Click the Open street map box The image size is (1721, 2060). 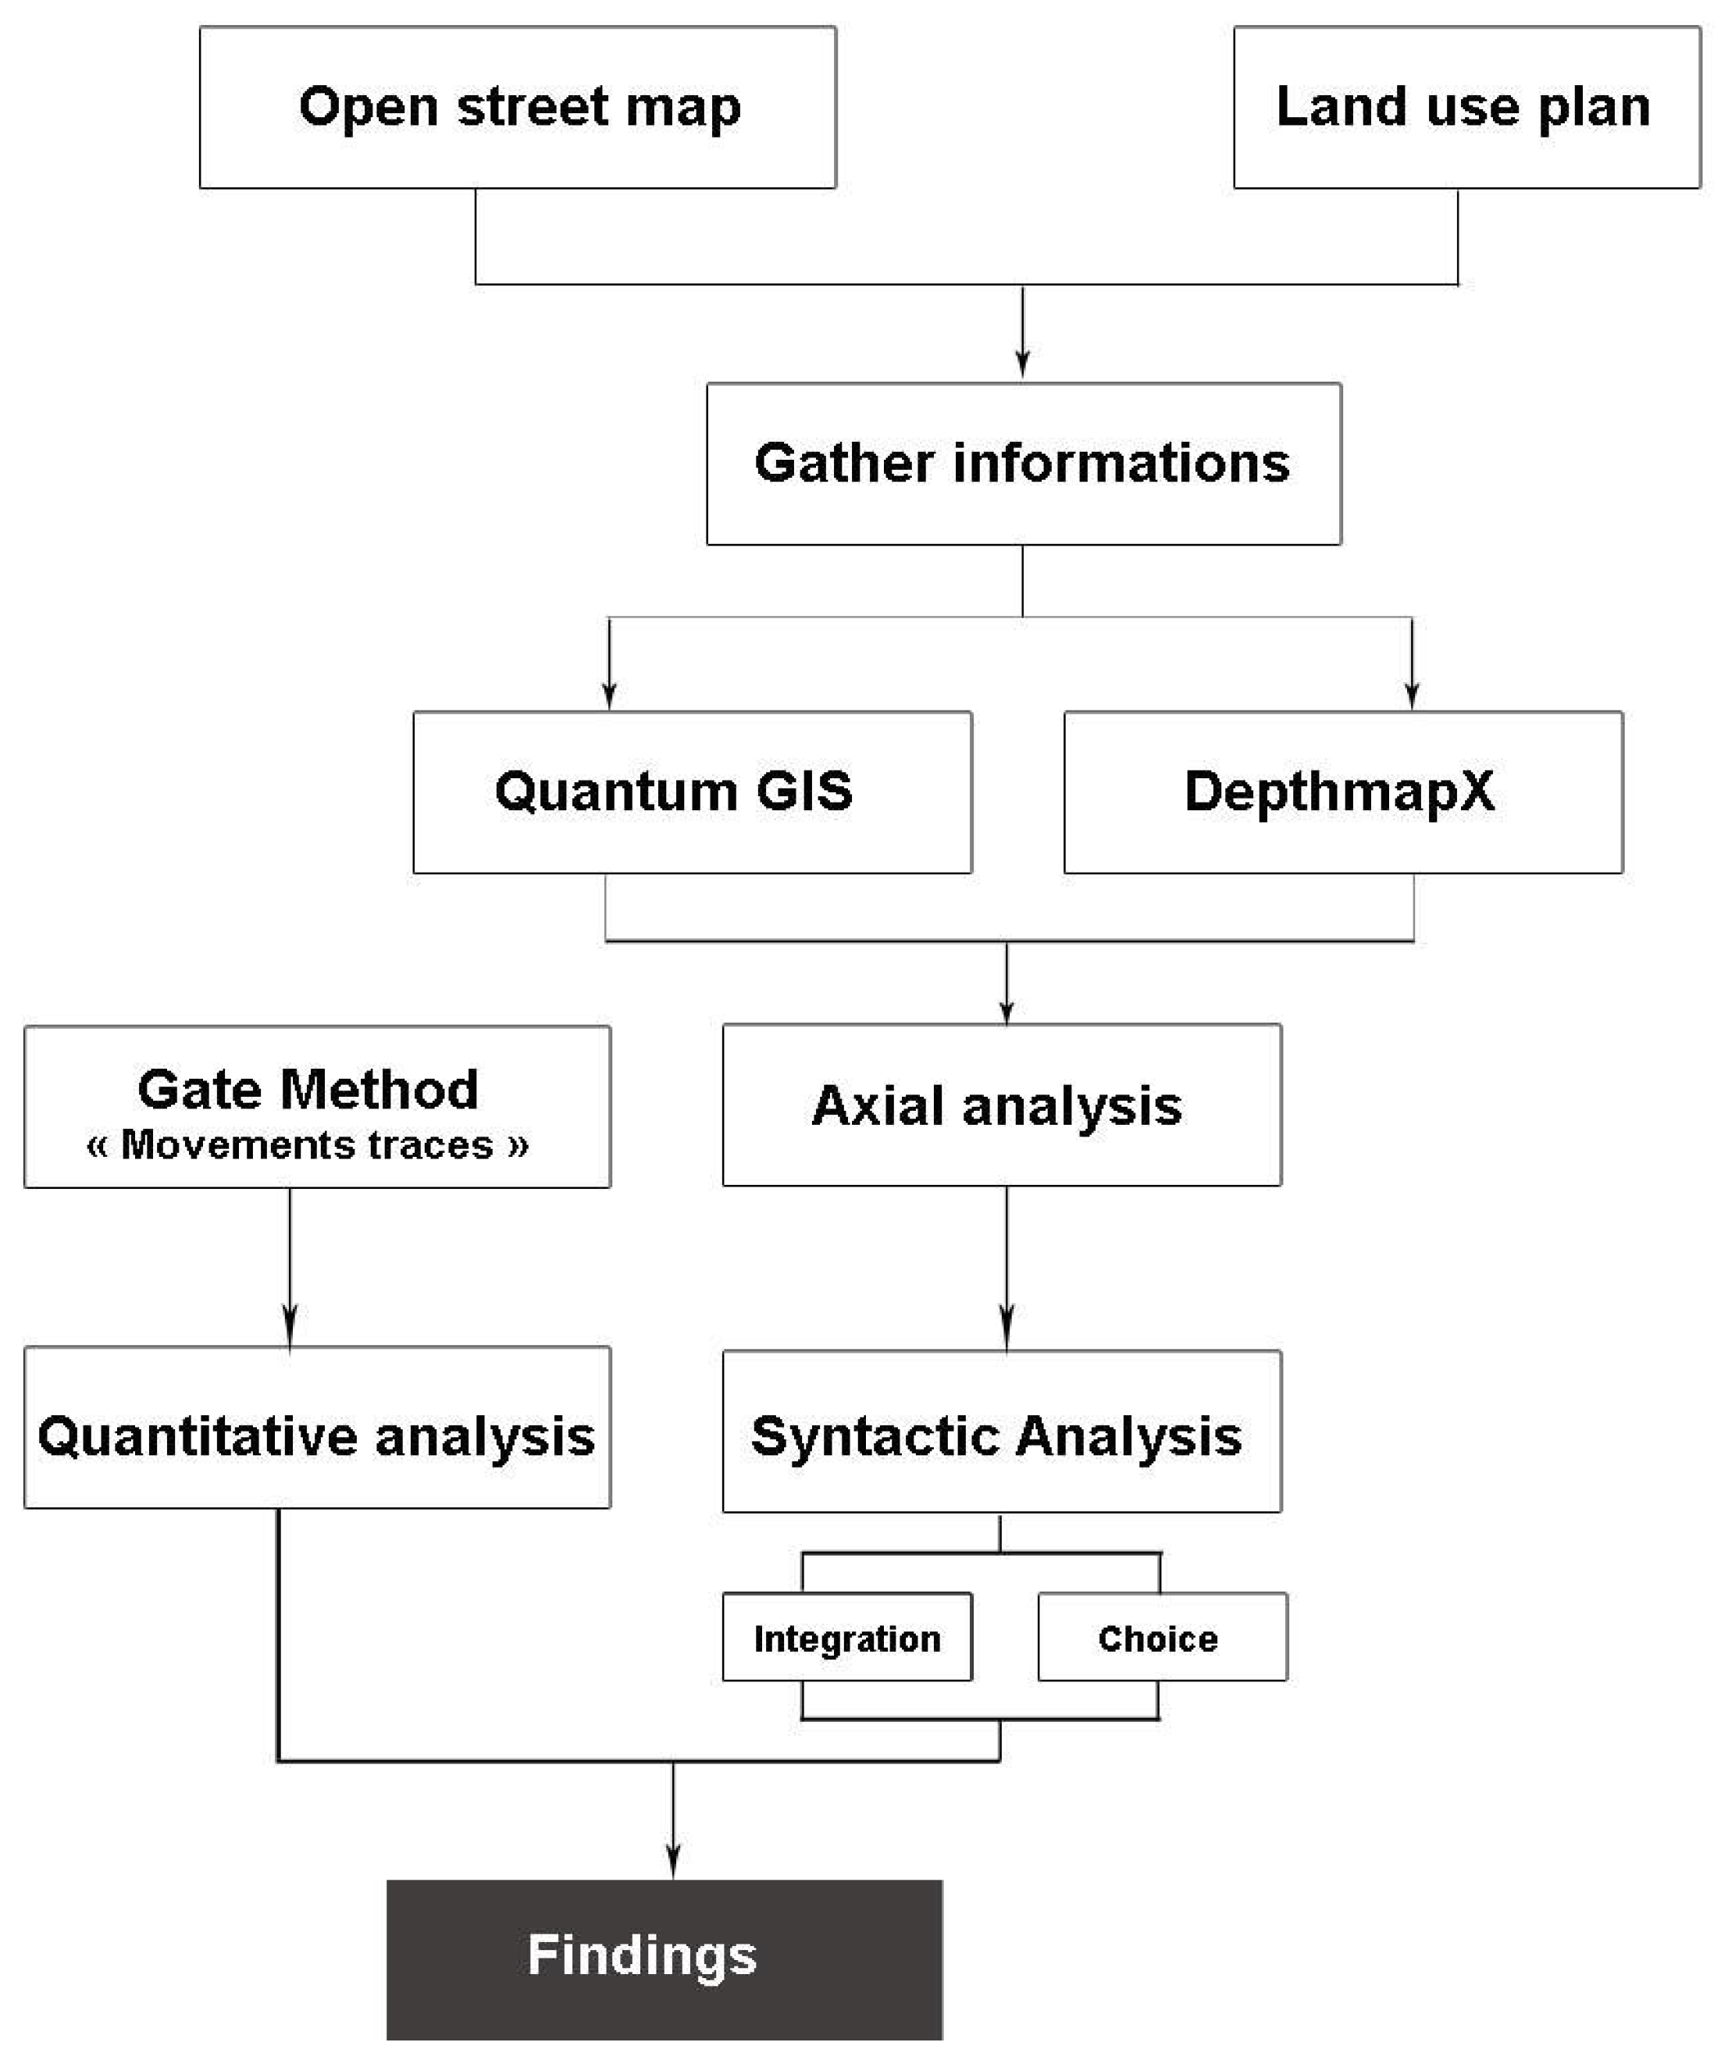point(517,107)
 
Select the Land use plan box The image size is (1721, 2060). point(1466,107)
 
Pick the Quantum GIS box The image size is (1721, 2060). point(692,792)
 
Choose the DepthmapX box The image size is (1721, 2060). point(1342,792)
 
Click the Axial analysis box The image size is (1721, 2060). point(1001,1105)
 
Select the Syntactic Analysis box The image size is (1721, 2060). point(1001,1436)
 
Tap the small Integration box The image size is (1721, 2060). point(846,1639)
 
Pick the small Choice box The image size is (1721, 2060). point(1162,1639)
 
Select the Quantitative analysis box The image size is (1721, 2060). point(317,1436)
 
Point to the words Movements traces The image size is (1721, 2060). point(307,1145)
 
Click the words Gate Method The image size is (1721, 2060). point(307,1089)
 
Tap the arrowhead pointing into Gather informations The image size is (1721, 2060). point(1022,364)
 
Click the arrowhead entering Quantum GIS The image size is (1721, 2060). point(608,695)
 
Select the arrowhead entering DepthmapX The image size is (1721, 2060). point(1411,695)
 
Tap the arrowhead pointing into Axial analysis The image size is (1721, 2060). point(1006,1010)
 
